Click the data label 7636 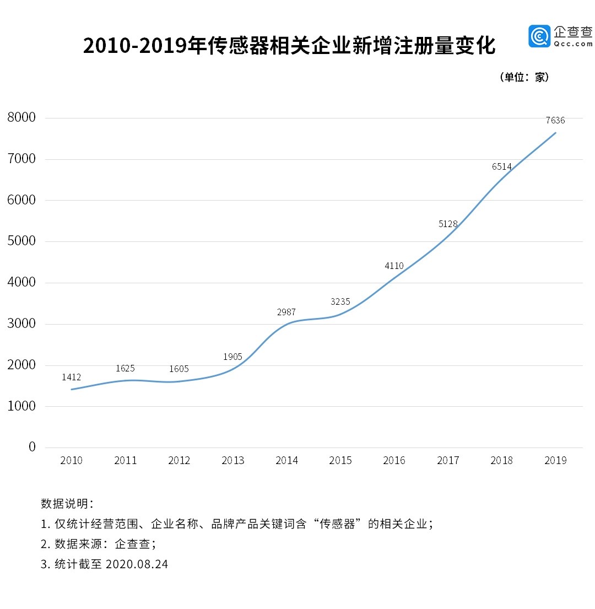pyautogui.click(x=555, y=120)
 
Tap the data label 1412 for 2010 pyautogui.click(x=72, y=378)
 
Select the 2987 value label pyautogui.click(x=286, y=312)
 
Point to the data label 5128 pyautogui.click(x=447, y=224)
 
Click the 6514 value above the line pyautogui.click(x=502, y=166)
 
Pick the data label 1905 pyautogui.click(x=232, y=357)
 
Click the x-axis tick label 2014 pyautogui.click(x=286, y=461)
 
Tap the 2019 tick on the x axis pyautogui.click(x=555, y=461)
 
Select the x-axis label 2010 pyautogui.click(x=72, y=461)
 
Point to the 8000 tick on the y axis pyautogui.click(x=21, y=117)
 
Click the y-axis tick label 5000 pyautogui.click(x=21, y=241)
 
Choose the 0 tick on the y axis pyautogui.click(x=32, y=447)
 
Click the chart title pyautogui.click(x=289, y=46)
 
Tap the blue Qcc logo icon pyautogui.click(x=539, y=36)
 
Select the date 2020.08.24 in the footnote pyautogui.click(x=136, y=564)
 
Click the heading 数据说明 pyautogui.click(x=67, y=504)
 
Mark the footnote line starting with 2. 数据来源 pyautogui.click(x=99, y=544)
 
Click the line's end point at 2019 pyautogui.click(x=555, y=133)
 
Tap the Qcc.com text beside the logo pyautogui.click(x=573, y=44)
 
